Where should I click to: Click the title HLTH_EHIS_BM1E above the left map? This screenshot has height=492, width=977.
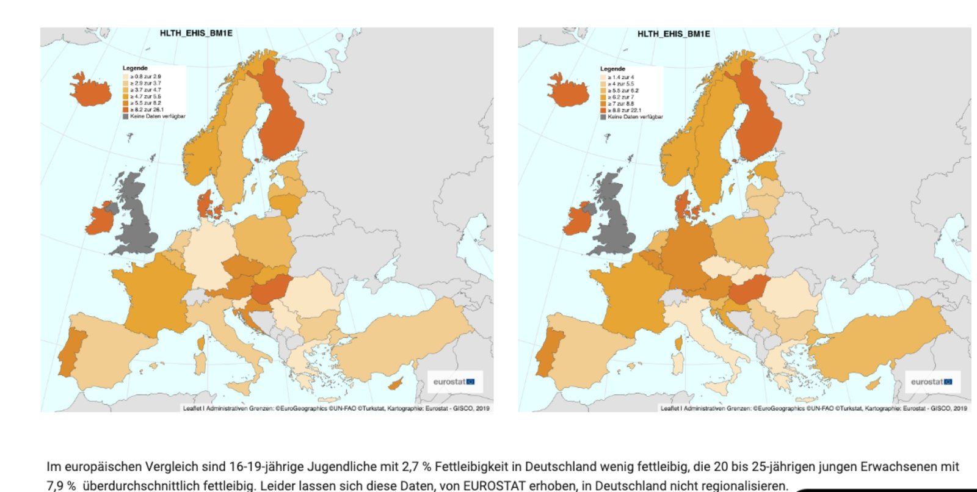(196, 33)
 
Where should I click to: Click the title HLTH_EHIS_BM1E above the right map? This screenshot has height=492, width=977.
(674, 34)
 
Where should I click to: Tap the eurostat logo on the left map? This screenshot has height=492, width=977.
(454, 382)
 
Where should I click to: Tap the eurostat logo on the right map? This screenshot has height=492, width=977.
(932, 382)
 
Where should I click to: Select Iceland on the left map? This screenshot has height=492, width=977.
(91, 90)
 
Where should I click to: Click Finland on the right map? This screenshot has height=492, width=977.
(757, 116)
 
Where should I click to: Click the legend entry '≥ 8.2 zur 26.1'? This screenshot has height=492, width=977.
(147, 110)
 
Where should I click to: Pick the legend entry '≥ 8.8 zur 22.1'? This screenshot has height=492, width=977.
(624, 110)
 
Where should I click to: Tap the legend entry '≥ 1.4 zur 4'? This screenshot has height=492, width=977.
(620, 78)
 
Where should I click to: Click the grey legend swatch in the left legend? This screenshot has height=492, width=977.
(126, 116)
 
